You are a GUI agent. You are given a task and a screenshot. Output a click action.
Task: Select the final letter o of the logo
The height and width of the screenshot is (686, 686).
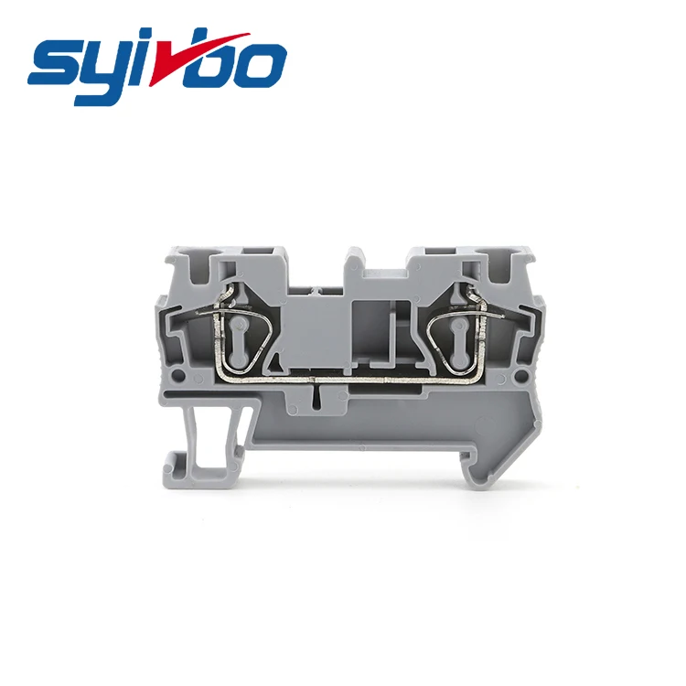[x=261, y=63]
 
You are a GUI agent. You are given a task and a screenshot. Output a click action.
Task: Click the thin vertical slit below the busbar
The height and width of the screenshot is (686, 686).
[x=316, y=394]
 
